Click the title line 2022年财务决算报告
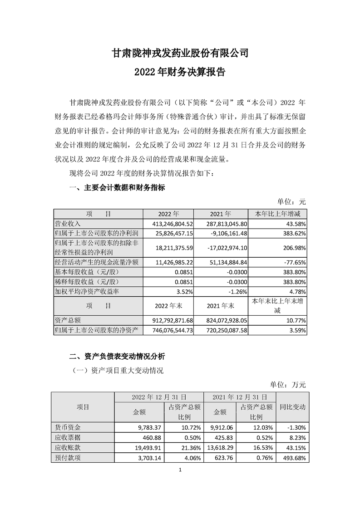click(x=180, y=72)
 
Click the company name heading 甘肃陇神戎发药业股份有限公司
click(x=180, y=53)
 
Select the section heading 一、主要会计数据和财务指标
click(x=117, y=187)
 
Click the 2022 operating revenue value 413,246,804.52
click(x=168, y=224)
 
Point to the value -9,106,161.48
click(x=222, y=233)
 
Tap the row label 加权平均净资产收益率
click(x=87, y=293)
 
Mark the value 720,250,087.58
click(x=222, y=331)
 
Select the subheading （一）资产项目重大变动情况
click(x=118, y=370)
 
